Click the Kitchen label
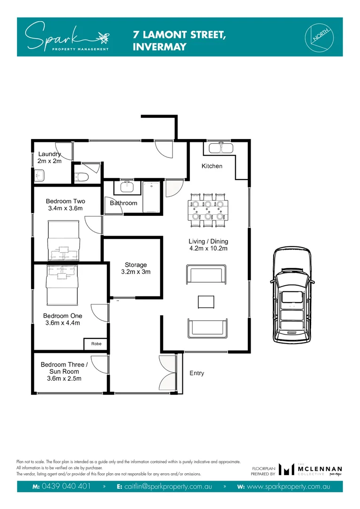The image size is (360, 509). point(212,166)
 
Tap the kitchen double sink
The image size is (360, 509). point(221,148)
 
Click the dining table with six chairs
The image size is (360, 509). point(208,210)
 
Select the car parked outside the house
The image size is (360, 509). point(292,296)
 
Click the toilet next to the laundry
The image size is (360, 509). point(83,178)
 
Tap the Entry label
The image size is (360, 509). point(196,373)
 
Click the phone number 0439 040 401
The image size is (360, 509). point(65,486)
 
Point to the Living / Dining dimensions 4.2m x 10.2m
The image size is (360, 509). point(208,248)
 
